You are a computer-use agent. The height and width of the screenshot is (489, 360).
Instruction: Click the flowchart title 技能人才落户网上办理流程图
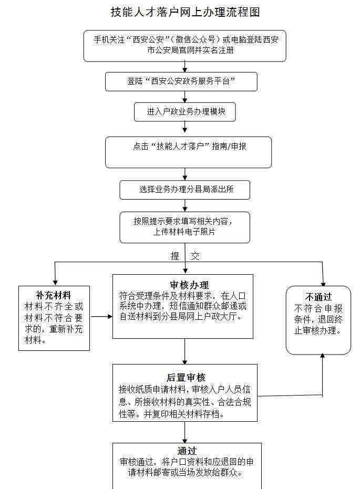[x=186, y=12]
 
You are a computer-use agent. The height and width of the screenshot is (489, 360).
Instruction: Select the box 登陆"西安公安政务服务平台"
[x=181, y=82]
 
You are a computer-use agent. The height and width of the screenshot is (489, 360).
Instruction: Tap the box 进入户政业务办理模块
[x=184, y=112]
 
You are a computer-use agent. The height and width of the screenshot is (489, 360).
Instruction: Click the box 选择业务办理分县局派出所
[x=184, y=190]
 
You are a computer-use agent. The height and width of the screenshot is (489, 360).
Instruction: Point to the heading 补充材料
[x=54, y=295]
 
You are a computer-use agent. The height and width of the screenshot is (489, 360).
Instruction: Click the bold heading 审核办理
[x=189, y=285]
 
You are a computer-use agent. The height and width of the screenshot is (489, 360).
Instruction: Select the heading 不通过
[x=318, y=297]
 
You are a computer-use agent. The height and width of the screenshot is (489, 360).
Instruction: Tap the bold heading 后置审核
[x=186, y=377]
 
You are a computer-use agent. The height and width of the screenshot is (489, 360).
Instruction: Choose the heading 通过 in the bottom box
[x=187, y=451]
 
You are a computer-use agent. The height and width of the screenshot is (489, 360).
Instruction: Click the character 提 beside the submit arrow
[x=175, y=256]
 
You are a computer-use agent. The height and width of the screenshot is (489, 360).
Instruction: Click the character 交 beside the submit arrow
[x=195, y=256]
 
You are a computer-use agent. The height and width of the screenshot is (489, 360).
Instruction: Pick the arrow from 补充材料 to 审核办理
[x=101, y=317]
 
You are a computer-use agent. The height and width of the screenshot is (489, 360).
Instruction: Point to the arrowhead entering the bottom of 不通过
[x=323, y=356]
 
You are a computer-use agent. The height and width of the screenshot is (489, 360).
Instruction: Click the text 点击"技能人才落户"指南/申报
[x=190, y=146]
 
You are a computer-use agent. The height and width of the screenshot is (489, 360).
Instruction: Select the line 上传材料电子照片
[x=184, y=232]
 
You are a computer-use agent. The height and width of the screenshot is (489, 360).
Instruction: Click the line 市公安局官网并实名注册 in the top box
[x=190, y=50]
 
